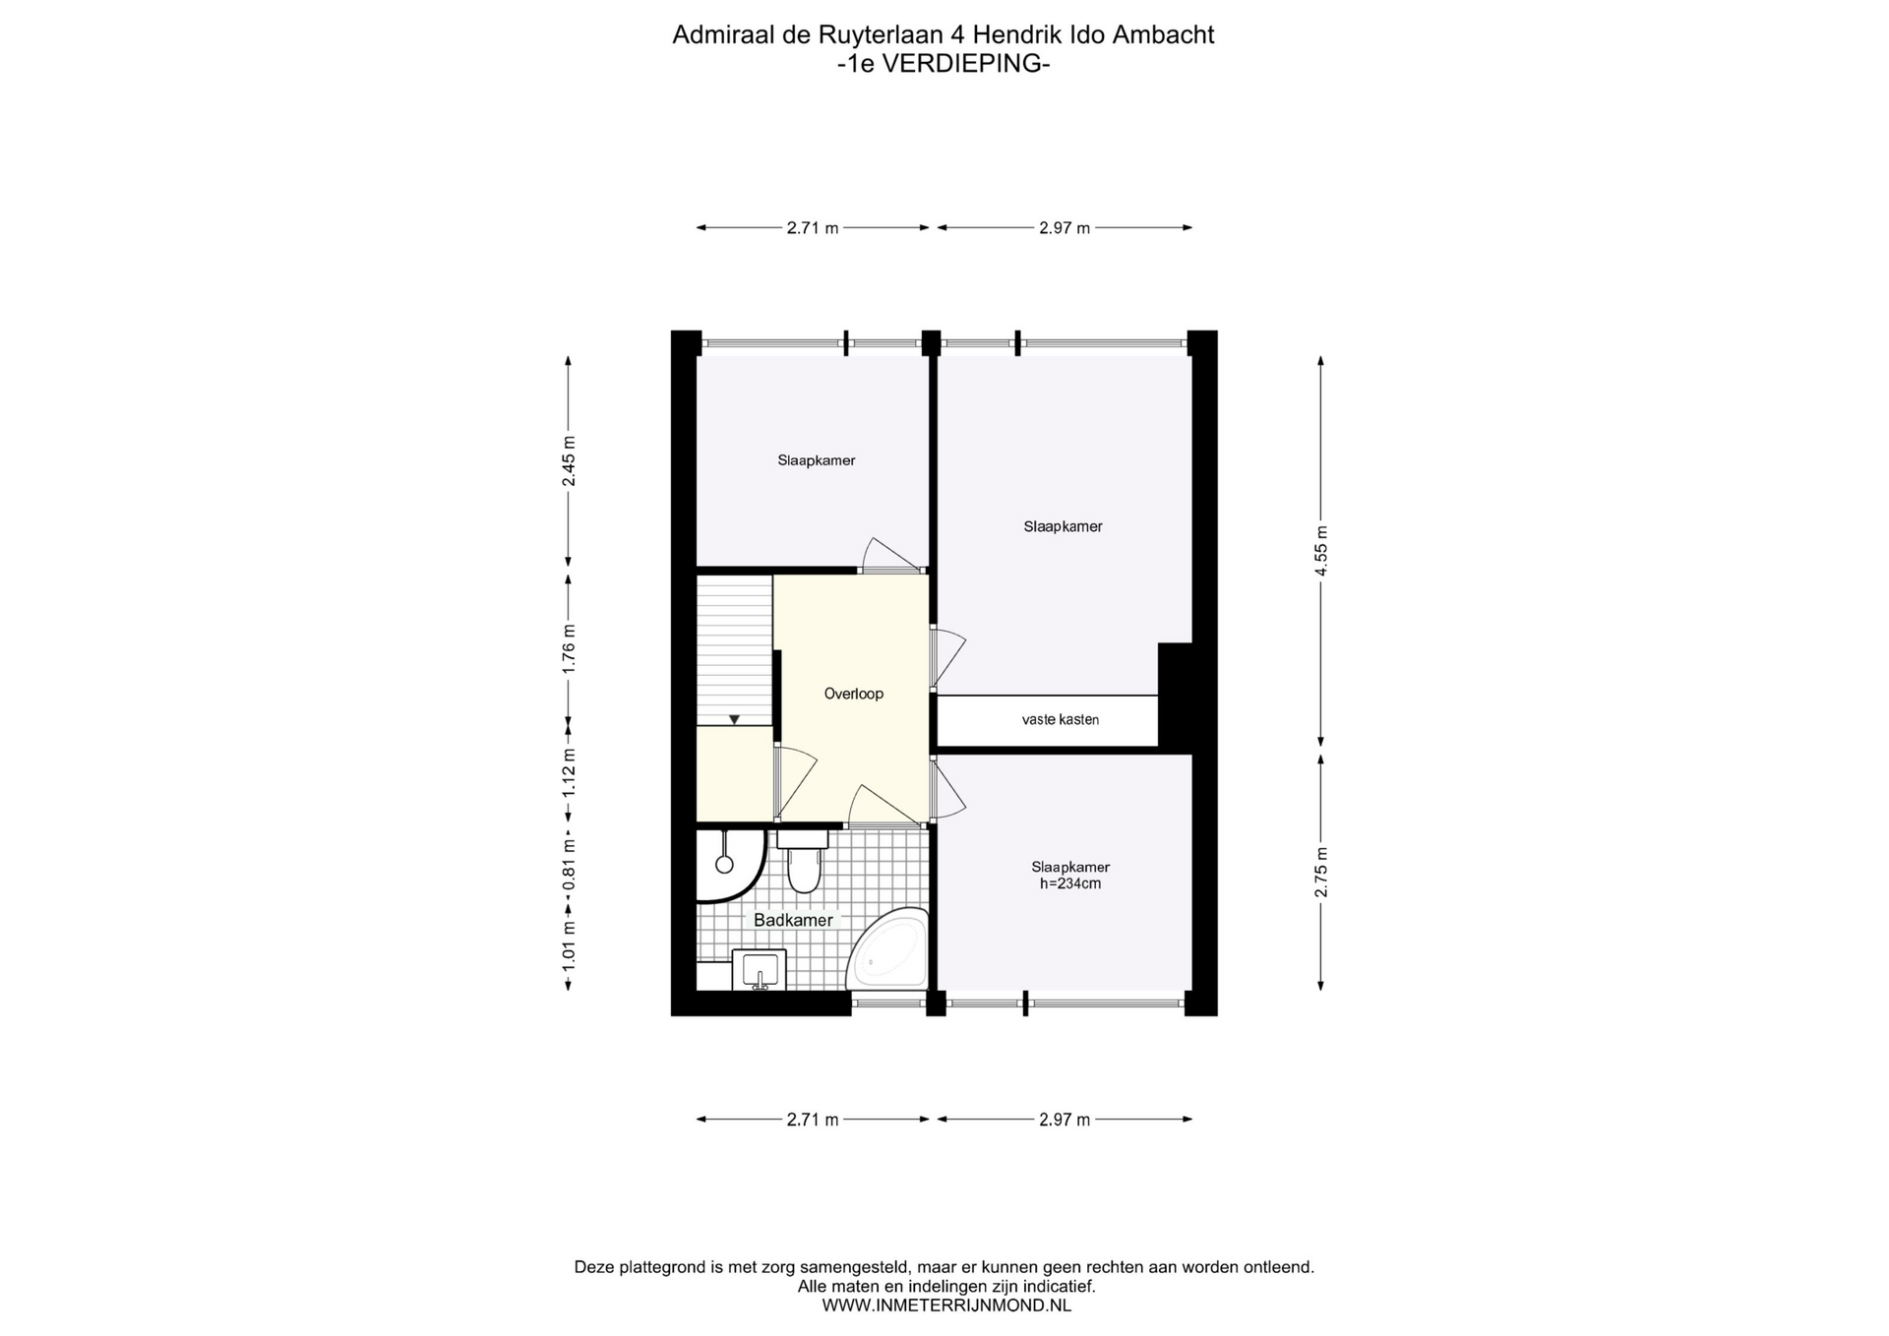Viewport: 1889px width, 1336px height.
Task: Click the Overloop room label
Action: coord(853,694)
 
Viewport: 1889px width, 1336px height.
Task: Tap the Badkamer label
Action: coord(793,920)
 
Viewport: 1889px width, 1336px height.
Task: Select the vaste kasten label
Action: coord(1060,719)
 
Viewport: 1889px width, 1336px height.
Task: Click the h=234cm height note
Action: coord(1070,883)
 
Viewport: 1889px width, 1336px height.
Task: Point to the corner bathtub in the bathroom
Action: coord(889,948)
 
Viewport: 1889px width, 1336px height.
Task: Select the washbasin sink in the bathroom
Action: coord(760,969)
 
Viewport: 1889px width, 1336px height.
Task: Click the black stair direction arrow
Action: coord(734,719)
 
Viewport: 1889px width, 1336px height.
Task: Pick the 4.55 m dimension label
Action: coord(1321,551)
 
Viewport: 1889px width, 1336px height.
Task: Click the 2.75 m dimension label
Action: coord(1321,872)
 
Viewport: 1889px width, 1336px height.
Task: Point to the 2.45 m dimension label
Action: coord(568,460)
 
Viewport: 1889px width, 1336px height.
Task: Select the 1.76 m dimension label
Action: coord(568,648)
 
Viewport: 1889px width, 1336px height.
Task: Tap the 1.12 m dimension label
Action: coord(568,773)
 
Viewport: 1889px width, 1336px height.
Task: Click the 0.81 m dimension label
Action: coord(568,864)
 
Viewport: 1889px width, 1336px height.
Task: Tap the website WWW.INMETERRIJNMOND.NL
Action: coord(946,1306)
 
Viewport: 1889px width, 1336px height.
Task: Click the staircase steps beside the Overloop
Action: coord(734,650)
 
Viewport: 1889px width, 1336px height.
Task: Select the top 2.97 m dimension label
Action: coord(1065,228)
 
